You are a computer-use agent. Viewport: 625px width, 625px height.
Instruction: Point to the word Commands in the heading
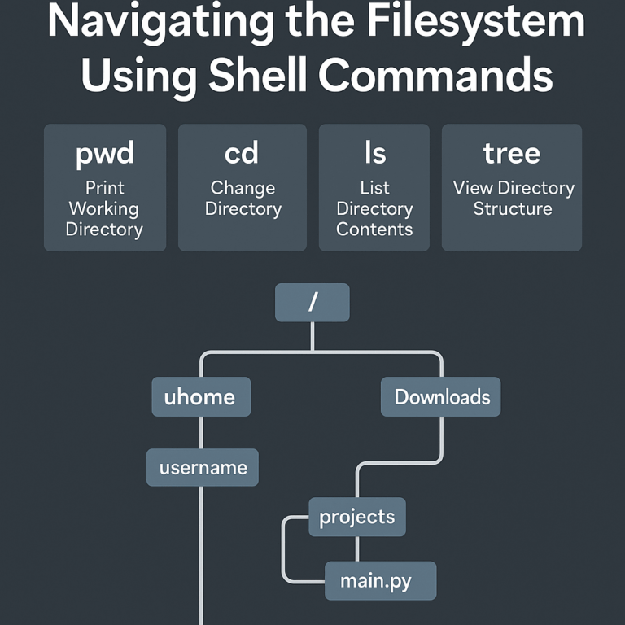click(x=435, y=76)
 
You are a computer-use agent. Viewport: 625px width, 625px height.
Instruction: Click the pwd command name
click(x=104, y=154)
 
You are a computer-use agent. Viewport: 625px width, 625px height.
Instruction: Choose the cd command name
click(x=242, y=152)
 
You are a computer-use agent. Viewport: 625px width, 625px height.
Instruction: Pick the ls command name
click(x=374, y=152)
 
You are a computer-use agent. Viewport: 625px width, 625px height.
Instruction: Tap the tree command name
click(x=511, y=152)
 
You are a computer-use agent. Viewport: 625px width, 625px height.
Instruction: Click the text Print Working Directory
click(x=104, y=208)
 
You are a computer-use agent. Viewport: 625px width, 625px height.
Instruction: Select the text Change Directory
click(x=243, y=198)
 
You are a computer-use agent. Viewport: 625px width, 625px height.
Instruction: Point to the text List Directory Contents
click(x=374, y=208)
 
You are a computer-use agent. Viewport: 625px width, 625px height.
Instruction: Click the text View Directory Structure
click(x=513, y=198)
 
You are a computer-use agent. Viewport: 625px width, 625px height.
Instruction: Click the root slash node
click(x=312, y=302)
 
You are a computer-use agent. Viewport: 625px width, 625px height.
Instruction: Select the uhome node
click(x=200, y=397)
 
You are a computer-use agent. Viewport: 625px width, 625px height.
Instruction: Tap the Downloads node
click(x=441, y=397)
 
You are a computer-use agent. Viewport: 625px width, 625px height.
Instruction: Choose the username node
click(x=203, y=468)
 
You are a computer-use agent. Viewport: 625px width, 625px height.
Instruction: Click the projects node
click(x=356, y=517)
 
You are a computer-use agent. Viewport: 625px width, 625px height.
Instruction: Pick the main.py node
click(x=379, y=581)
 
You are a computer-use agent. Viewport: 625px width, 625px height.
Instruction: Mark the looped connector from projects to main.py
click(x=283, y=550)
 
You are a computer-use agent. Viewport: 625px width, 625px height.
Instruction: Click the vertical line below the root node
click(x=312, y=336)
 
